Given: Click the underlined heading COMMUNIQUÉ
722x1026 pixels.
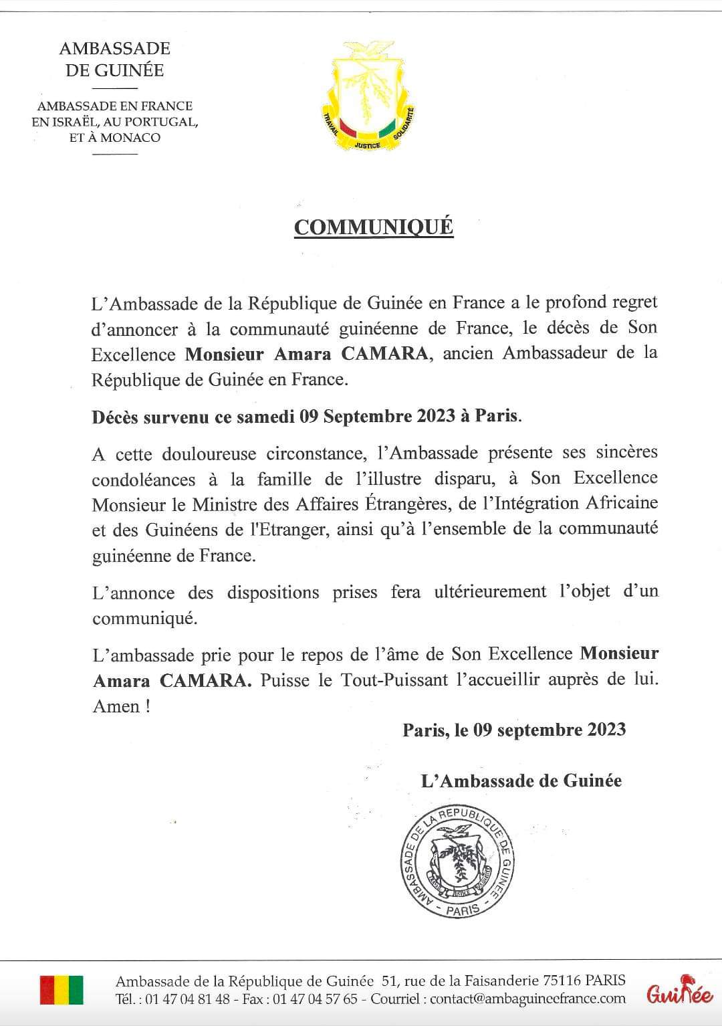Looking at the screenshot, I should pyautogui.click(x=374, y=227).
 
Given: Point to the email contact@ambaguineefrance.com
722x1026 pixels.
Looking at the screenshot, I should pyautogui.click(x=527, y=999).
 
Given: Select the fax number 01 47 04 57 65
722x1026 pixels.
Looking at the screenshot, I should pyautogui.click(x=324, y=999).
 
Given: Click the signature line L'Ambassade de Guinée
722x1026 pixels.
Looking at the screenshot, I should pyautogui.click(x=521, y=781).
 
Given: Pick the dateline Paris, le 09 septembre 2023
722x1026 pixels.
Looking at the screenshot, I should pyautogui.click(x=514, y=729).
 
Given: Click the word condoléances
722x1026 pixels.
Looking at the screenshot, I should pyautogui.click(x=144, y=480).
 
